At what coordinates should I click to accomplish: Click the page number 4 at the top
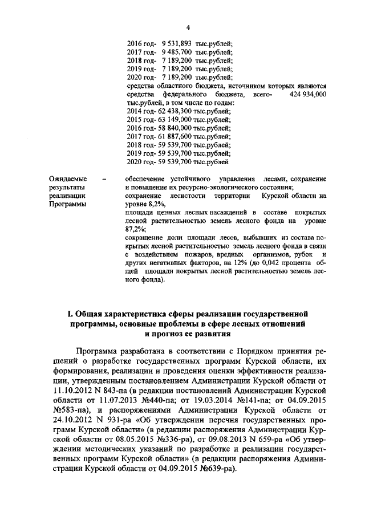point(186,27)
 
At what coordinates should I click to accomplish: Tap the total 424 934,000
point(308,94)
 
